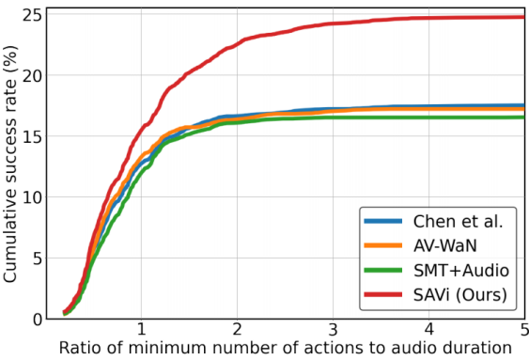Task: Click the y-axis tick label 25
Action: [32, 16]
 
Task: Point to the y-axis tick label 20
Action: [32, 75]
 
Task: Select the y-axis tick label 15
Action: [32, 136]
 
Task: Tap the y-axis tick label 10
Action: [32, 197]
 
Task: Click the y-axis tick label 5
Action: [37, 258]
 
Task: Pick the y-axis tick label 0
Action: [37, 320]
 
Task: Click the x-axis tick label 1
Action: [141, 331]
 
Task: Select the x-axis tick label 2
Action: [238, 331]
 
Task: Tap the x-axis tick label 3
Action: [334, 331]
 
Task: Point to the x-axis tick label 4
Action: [429, 331]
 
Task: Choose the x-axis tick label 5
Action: [522, 331]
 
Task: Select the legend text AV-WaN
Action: [443, 246]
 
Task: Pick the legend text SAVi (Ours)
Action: [459, 295]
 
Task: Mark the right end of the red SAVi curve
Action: [523, 17]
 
